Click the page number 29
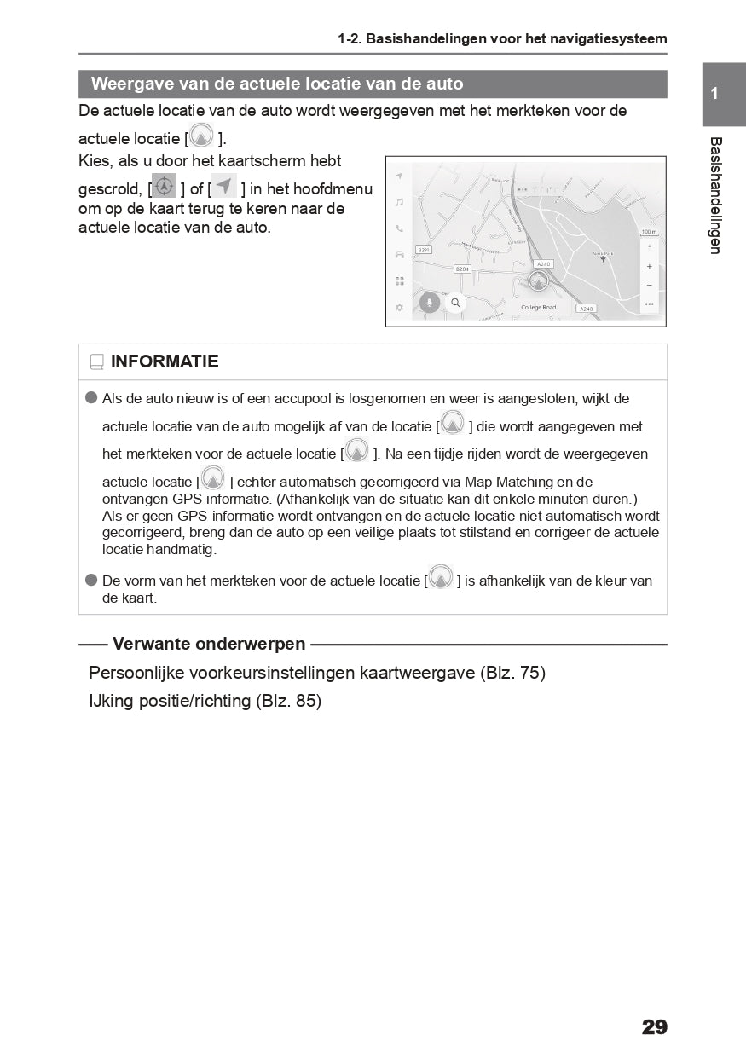654,1027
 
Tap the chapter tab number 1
714,94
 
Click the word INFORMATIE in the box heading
165,361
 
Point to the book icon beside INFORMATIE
96,362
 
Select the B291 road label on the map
424,250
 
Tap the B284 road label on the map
462,269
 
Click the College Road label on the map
538,307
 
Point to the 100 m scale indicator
649,232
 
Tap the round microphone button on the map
430,303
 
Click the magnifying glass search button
455,303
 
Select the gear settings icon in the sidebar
399,307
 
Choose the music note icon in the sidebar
399,203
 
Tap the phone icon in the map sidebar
399,228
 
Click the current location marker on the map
538,281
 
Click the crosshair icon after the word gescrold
165,186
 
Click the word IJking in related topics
110,702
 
